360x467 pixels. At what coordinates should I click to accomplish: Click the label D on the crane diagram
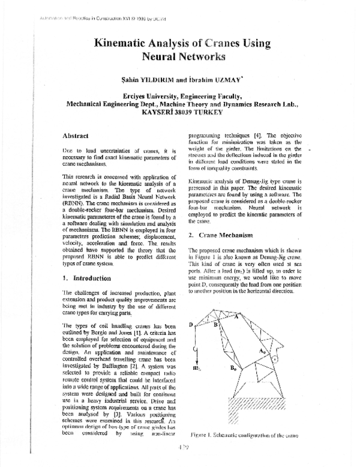click(191, 324)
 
